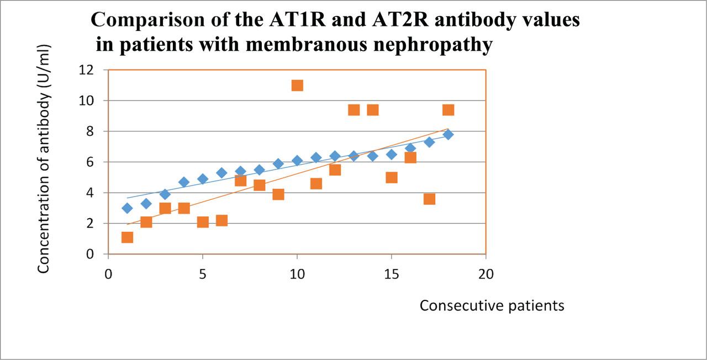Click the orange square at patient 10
click(x=297, y=85)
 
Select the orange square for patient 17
click(x=429, y=199)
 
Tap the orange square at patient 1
click(x=127, y=237)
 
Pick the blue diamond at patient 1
click(x=127, y=208)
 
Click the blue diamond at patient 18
click(x=448, y=134)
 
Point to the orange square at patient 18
click(x=448, y=110)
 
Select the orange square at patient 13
click(x=353, y=110)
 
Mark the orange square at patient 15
click(x=392, y=177)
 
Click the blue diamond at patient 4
click(x=184, y=182)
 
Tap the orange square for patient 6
click(x=221, y=220)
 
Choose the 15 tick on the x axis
click(x=391, y=273)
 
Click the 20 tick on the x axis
click(x=486, y=273)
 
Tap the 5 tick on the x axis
click(x=203, y=273)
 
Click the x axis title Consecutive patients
click(x=492, y=305)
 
